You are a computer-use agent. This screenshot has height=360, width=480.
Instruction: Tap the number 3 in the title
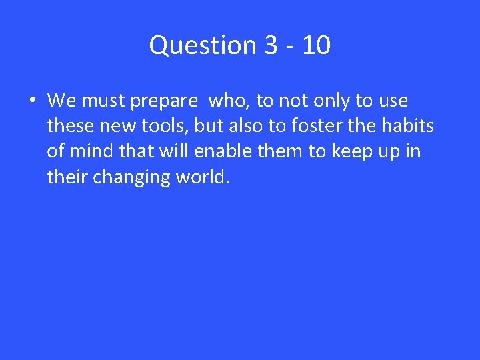(271, 46)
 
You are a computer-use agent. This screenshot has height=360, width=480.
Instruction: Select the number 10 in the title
(315, 46)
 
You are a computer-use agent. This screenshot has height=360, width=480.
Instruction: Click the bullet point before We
(32, 101)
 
